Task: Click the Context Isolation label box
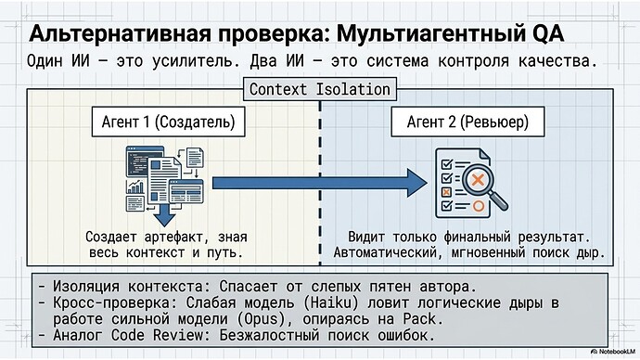click(x=320, y=90)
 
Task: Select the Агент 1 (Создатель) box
click(x=174, y=122)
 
